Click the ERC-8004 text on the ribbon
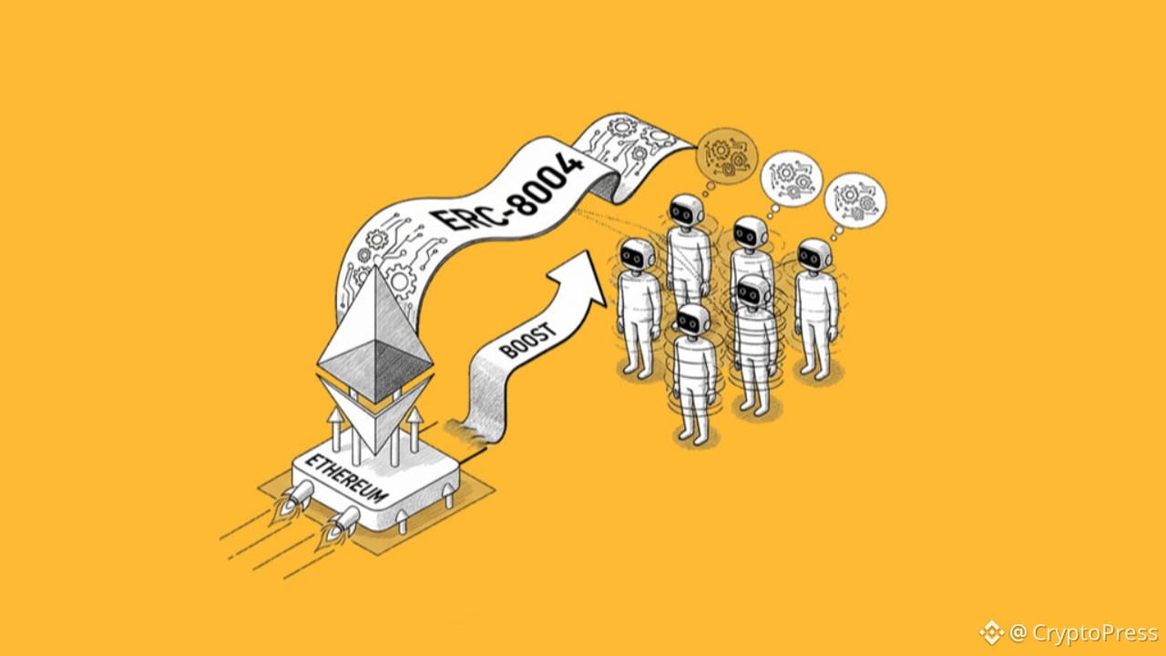tap(507, 191)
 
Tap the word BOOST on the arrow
tap(527, 340)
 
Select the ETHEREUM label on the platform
tap(347, 478)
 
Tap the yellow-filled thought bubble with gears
tap(727, 155)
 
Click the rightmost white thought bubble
tap(855, 200)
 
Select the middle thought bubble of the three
tap(792, 179)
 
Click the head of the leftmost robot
tap(637, 256)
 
